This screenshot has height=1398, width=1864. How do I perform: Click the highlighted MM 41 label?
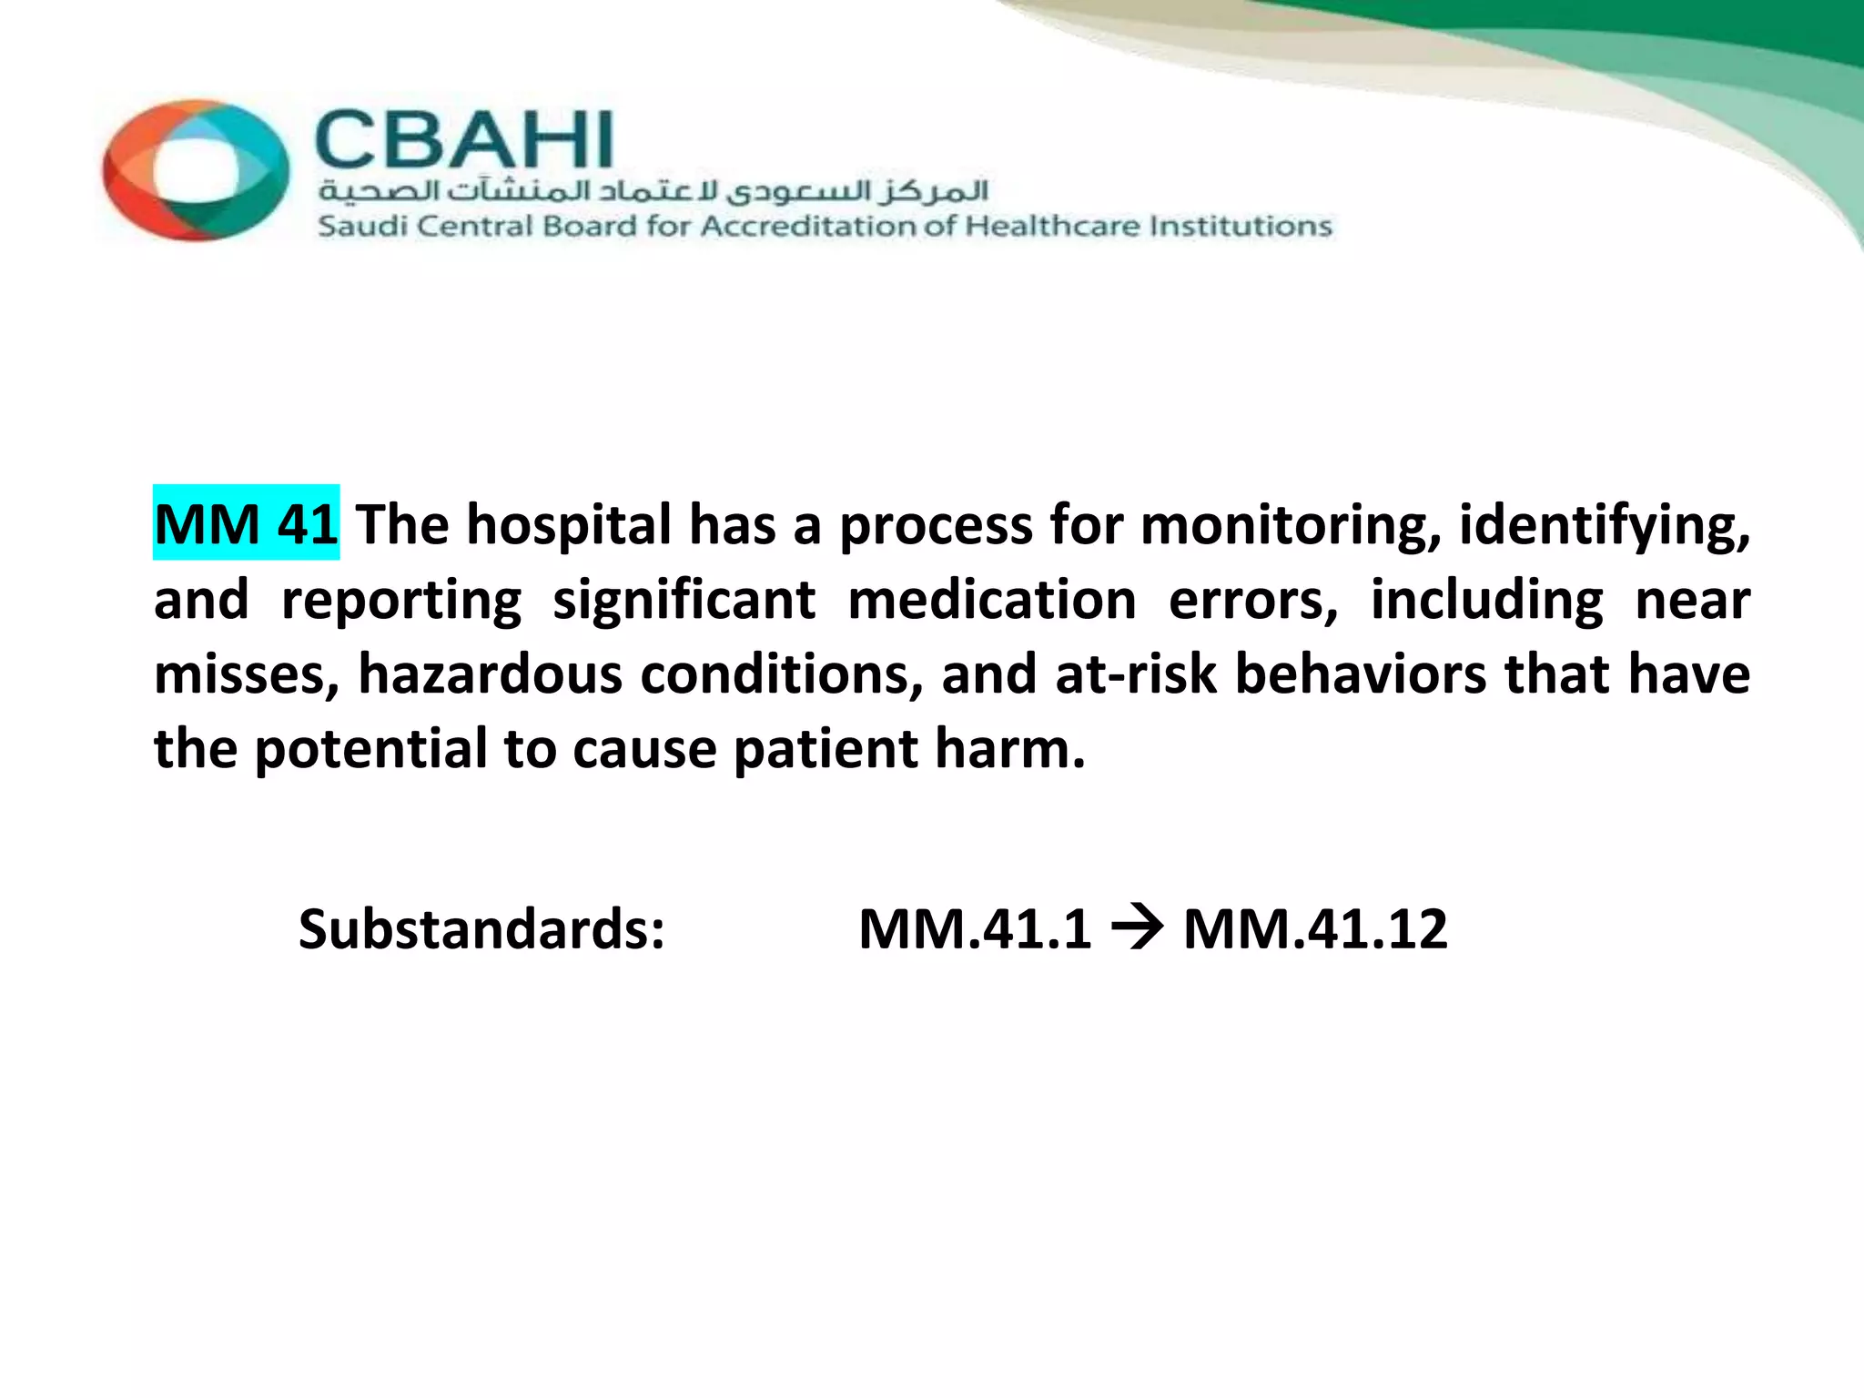pyautogui.click(x=246, y=524)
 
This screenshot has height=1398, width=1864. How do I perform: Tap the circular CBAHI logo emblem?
pyautogui.click(x=196, y=170)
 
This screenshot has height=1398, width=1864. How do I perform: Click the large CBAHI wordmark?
pyautogui.click(x=464, y=141)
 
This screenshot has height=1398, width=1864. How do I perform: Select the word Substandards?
pyautogui.click(x=482, y=929)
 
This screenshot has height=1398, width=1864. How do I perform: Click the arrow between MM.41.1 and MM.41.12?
pyautogui.click(x=1137, y=929)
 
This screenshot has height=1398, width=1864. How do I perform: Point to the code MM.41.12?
pyautogui.click(x=1315, y=929)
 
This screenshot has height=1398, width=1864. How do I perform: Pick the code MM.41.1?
pyautogui.click(x=975, y=929)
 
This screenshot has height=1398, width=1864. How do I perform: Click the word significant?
pyautogui.click(x=684, y=601)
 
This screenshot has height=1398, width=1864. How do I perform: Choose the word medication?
pyautogui.click(x=992, y=601)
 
